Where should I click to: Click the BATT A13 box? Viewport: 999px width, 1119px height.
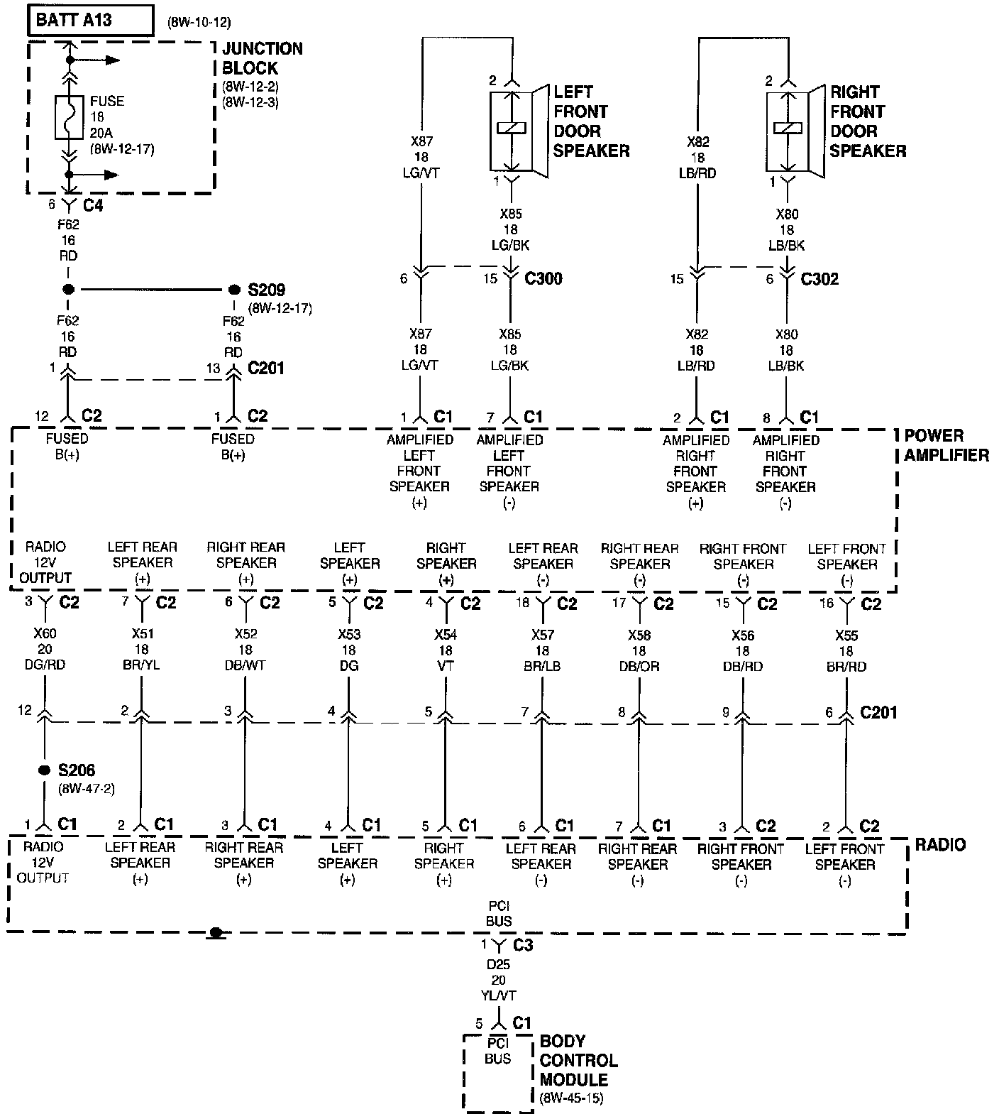(x=90, y=20)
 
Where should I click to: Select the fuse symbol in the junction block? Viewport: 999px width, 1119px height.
(x=69, y=117)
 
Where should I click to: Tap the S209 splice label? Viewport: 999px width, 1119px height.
(x=266, y=290)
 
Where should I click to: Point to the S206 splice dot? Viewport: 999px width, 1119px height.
(x=45, y=770)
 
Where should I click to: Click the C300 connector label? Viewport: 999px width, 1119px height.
(x=543, y=278)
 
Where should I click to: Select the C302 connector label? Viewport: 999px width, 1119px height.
(x=819, y=279)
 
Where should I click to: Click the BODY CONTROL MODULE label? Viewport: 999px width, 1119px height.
(x=578, y=1061)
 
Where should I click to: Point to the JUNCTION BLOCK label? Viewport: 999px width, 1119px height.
(x=262, y=58)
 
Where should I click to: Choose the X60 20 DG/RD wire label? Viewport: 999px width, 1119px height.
(x=45, y=650)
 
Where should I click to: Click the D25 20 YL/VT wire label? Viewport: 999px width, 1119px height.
(x=498, y=981)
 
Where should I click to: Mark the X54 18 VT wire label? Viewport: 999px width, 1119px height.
(x=446, y=650)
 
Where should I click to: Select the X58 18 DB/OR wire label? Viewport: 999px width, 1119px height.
(x=639, y=650)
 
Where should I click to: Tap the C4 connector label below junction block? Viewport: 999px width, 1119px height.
(x=93, y=205)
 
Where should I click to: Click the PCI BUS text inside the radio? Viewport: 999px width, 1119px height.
(x=499, y=913)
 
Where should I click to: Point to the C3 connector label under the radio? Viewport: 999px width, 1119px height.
(x=522, y=945)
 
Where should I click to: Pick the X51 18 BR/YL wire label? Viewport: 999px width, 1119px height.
(x=142, y=650)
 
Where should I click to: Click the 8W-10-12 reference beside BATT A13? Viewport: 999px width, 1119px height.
(x=199, y=22)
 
